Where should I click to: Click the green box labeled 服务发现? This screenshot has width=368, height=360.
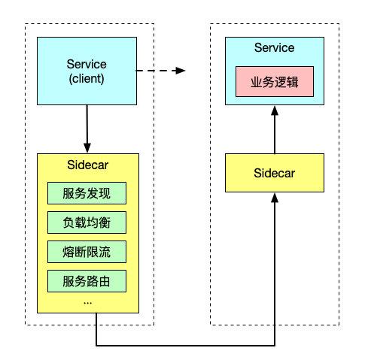pos(88,193)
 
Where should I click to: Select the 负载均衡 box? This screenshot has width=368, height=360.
pos(88,222)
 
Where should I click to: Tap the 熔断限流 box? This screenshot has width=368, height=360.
pos(88,252)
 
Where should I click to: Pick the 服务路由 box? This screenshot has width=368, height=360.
pos(88,281)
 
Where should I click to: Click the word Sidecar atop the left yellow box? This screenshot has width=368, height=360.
pos(88,165)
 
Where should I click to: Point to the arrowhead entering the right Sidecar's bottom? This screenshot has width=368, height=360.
pos(274,198)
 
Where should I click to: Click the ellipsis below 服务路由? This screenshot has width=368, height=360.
pos(87,301)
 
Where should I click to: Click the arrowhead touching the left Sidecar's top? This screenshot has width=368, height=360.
pos(88,148)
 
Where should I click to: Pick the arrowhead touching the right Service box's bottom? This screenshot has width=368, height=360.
pos(274,111)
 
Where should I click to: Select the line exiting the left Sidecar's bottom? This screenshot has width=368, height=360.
pos(97,331)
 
